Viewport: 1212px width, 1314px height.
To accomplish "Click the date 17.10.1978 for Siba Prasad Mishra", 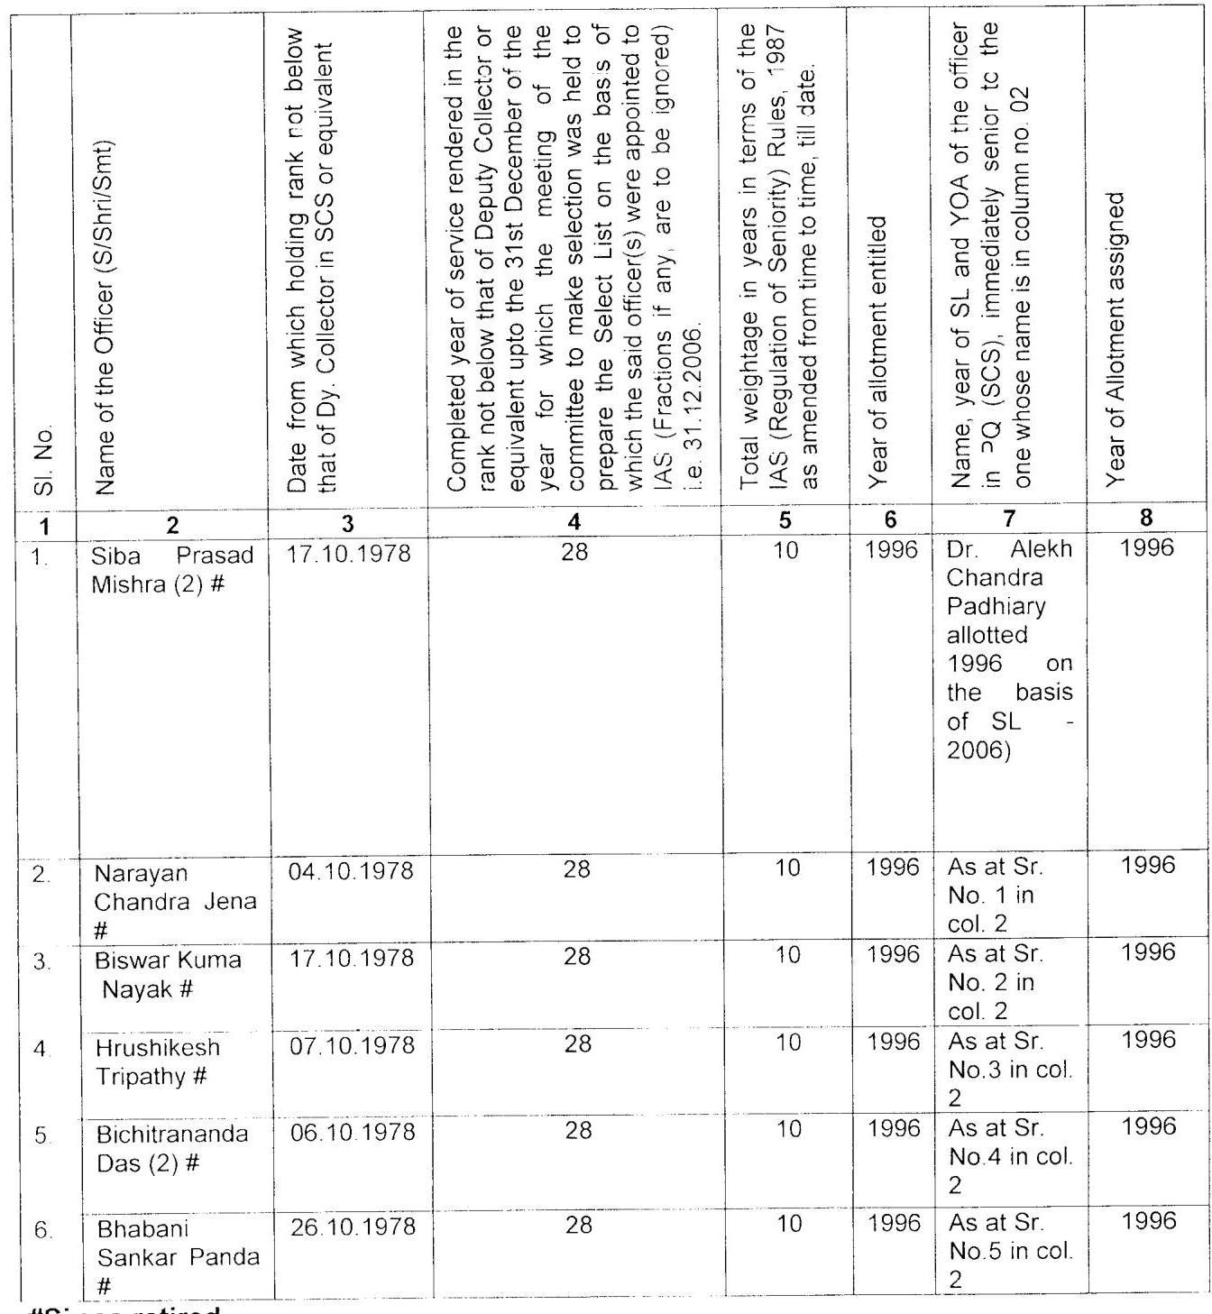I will point(348,554).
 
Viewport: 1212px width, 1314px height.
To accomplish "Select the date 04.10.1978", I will point(351,871).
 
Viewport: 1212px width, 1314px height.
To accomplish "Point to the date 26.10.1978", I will point(353,1227).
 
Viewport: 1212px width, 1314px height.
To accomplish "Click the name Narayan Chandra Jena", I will point(175,901).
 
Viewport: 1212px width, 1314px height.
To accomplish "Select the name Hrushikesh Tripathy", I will point(158,1061).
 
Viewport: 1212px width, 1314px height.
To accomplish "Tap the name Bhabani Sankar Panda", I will point(178,1256).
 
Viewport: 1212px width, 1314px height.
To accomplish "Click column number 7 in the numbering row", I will point(1009,519).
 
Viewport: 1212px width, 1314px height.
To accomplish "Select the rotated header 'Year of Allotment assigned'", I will point(1117,338).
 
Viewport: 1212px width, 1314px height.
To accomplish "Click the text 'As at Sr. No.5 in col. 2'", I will point(1010,1251).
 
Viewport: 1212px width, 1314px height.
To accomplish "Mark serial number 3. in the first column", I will point(41,962).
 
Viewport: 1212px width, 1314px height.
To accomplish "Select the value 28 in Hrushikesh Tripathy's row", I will point(577,1044).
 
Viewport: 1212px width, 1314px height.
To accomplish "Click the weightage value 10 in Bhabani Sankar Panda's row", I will point(788,1224).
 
